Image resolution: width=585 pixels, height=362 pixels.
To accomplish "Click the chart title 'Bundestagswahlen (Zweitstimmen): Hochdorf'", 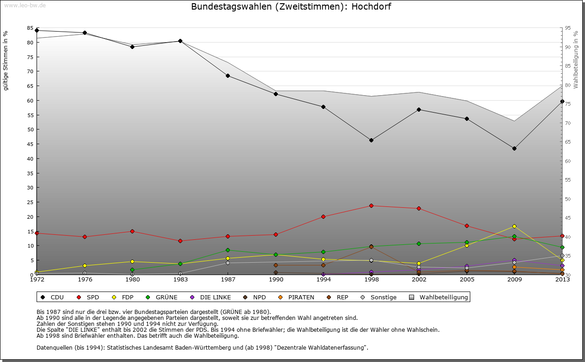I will pyautogui.click(x=291, y=7).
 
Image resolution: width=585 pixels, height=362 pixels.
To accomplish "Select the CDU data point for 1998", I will pyautogui.click(x=371, y=140).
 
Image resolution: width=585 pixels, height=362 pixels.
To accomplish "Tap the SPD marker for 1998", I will pyautogui.click(x=371, y=205).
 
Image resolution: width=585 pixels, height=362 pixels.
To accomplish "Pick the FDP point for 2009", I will pyautogui.click(x=514, y=226).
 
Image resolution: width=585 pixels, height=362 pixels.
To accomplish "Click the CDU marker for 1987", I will pyautogui.click(x=228, y=76).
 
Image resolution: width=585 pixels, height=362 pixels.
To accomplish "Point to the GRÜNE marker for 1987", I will pyautogui.click(x=228, y=250).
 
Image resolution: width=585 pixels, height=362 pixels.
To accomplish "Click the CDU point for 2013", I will pyautogui.click(x=562, y=101).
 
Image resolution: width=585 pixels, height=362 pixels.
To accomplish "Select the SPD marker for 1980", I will pyautogui.click(x=132, y=231).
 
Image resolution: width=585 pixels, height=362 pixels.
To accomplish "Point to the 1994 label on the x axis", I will pyautogui.click(x=323, y=280).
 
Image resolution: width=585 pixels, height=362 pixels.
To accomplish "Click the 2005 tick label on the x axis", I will pyautogui.click(x=467, y=280).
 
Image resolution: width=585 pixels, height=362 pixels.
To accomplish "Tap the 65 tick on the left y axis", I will pyautogui.click(x=30, y=71).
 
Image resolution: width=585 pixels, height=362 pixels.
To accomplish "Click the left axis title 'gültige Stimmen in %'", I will pyautogui.click(x=6, y=60).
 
